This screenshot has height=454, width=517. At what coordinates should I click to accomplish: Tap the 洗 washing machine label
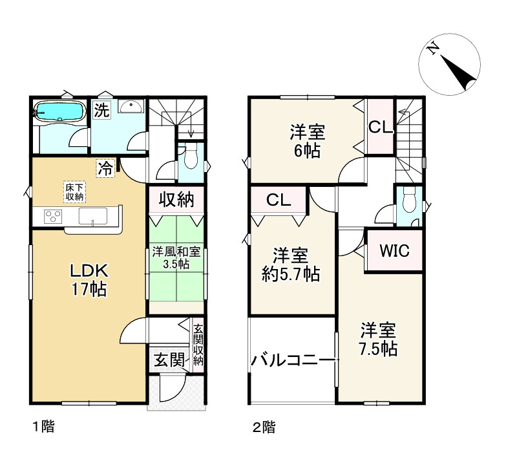pos(101,110)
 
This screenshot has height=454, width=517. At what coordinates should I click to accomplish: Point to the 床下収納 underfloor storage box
pos(72,191)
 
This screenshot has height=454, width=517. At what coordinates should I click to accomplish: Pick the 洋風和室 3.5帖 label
pos(175,257)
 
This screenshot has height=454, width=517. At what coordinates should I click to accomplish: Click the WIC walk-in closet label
pos(394,250)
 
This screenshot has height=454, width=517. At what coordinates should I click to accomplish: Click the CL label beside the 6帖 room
pos(380,127)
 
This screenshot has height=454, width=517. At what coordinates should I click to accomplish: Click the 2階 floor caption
pos(263,427)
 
